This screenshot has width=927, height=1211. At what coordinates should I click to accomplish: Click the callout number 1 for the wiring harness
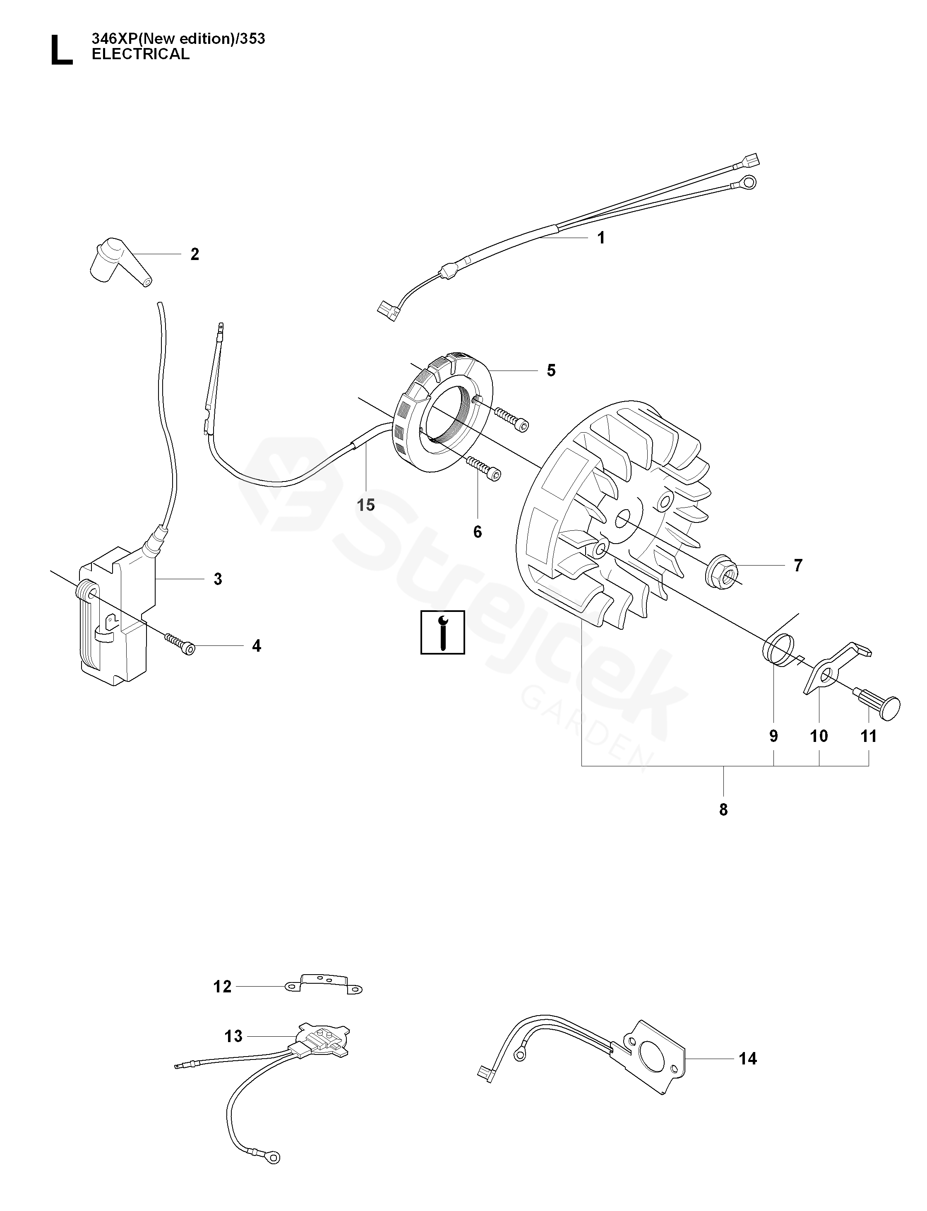click(601, 238)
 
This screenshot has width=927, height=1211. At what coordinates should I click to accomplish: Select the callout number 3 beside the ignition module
click(218, 579)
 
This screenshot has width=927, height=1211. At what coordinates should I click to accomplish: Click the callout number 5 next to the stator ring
click(551, 371)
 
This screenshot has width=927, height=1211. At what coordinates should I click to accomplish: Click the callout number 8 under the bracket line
click(723, 810)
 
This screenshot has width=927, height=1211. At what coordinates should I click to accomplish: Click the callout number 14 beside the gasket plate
click(748, 1059)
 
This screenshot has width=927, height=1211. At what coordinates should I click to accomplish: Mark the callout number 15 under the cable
click(366, 505)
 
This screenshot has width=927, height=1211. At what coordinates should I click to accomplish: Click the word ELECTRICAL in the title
click(140, 54)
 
